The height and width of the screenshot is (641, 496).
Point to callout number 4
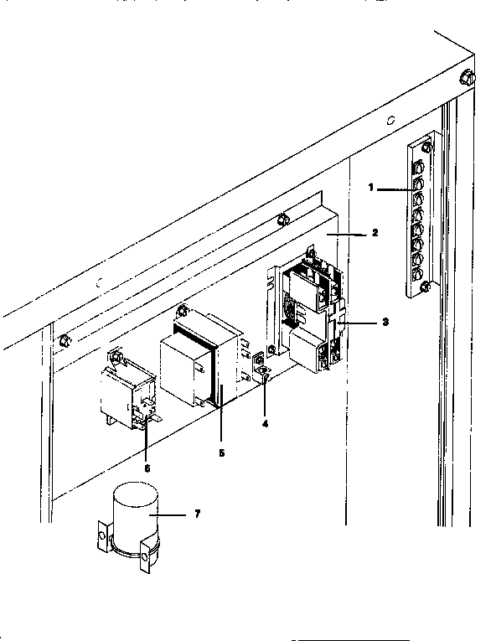(x=265, y=423)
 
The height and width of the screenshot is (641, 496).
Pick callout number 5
(x=221, y=452)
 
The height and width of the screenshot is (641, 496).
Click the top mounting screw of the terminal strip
(x=426, y=148)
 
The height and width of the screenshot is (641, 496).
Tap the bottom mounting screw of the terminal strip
(x=426, y=287)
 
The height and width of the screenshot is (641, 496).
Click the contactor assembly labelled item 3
(x=310, y=314)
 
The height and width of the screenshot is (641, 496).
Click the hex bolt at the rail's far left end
(x=64, y=340)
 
